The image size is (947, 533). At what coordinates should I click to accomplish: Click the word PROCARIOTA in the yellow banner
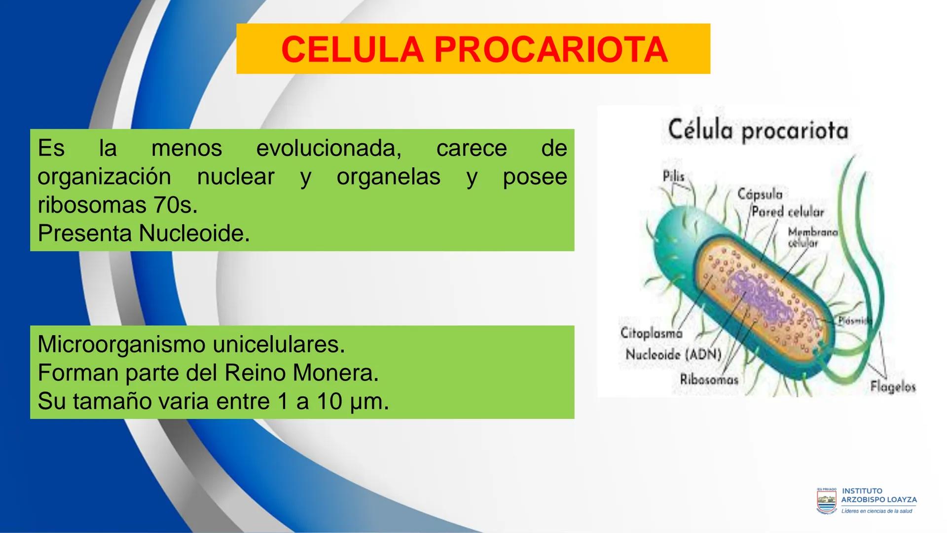click(x=551, y=50)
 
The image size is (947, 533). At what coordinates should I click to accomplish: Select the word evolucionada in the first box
click(x=328, y=148)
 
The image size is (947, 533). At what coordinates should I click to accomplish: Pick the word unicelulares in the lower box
click(x=279, y=344)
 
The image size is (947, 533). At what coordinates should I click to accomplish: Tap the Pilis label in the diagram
click(x=673, y=176)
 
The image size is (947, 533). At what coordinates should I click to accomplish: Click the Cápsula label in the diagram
click(x=760, y=194)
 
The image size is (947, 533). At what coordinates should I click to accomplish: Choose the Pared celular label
click(x=788, y=212)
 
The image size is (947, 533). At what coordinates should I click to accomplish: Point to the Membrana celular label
click(x=812, y=237)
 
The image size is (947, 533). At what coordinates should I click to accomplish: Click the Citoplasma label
click(x=651, y=333)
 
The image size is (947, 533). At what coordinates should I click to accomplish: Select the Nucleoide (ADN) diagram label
click(x=673, y=354)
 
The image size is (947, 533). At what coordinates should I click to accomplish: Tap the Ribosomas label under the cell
click(x=709, y=380)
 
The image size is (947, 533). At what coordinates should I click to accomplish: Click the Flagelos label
click(x=893, y=387)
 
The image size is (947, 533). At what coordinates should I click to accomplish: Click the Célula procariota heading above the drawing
click(x=758, y=130)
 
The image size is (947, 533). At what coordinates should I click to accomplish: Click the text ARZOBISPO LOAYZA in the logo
click(x=879, y=499)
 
